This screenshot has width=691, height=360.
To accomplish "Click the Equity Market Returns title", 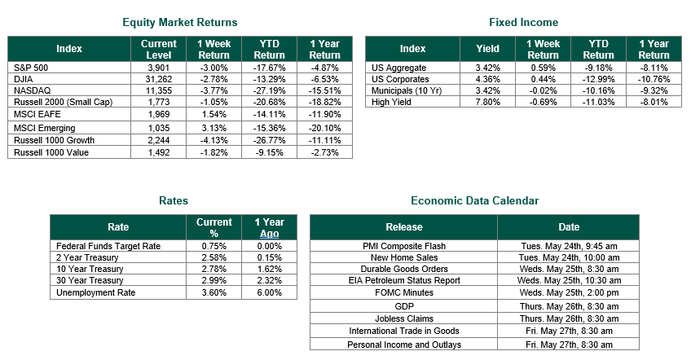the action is coord(180,23).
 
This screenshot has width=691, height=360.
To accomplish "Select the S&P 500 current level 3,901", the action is coord(159,68).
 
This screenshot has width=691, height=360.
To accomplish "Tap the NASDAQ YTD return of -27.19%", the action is coord(269,90).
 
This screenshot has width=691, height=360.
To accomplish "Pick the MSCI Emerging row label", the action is coord(45,128).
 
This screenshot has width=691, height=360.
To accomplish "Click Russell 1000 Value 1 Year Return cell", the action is coord(324,152).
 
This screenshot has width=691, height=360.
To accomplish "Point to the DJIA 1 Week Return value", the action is coord(213,79).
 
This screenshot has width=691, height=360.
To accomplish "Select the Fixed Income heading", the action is coord(523,23).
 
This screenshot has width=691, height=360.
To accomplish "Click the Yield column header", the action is coord(487,49).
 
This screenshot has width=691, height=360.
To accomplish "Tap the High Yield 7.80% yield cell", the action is coord(487,103).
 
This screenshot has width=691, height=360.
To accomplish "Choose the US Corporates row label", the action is coord(400,79).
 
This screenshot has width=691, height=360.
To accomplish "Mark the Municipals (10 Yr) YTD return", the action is coord(598,90).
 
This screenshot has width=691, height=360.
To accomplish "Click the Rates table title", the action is coord(174,201).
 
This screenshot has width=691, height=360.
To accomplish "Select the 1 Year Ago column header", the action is coord(269,227).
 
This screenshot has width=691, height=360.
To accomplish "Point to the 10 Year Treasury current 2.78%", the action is coord(213,270).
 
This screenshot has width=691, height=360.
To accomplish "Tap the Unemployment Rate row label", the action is coord(95,293).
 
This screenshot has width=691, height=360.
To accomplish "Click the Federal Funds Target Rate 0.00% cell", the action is coord(269,246).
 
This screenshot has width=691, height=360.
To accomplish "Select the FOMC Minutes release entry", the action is coord(404,293).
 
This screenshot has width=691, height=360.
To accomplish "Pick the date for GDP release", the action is coord(569,307).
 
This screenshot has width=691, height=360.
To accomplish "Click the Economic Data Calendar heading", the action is coord(474,201).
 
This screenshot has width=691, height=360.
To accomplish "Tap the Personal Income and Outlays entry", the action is coord(404,345).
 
